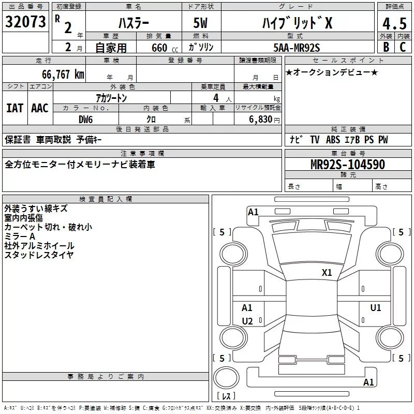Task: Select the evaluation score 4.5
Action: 394,24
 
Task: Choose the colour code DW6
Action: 85,119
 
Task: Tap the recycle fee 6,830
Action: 260,120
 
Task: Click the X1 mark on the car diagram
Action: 327,272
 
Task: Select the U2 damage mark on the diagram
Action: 247,321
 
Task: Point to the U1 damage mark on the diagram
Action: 376,308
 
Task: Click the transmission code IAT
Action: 14,108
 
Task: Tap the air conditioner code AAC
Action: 40,108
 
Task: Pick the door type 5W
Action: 201,23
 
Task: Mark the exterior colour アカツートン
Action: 111,98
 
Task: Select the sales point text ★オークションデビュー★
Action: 332,72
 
